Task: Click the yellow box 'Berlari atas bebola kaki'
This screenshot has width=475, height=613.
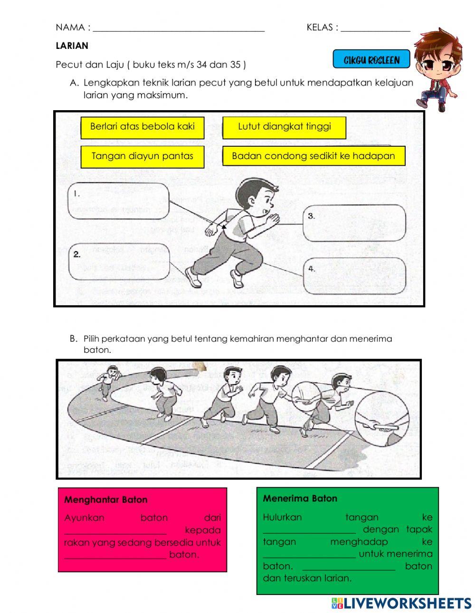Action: [x=142, y=127]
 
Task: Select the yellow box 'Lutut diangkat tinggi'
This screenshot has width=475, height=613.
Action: [x=284, y=127]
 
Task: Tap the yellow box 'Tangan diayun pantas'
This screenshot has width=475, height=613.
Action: [x=142, y=156]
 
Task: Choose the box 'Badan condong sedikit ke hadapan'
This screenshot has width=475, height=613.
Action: [x=313, y=156]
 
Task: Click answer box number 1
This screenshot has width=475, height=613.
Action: [x=119, y=201]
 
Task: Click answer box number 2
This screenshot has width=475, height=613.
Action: [x=119, y=262]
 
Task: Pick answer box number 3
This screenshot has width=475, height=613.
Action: [x=354, y=223]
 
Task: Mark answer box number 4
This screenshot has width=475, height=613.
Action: [x=354, y=276]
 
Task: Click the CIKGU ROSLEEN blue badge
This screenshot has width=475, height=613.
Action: [x=371, y=60]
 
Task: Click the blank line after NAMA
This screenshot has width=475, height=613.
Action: [x=179, y=28]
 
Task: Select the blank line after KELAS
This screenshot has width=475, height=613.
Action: [x=375, y=28]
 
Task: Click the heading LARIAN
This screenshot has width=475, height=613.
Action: [x=72, y=46]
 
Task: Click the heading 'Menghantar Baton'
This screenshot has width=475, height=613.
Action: [x=105, y=500]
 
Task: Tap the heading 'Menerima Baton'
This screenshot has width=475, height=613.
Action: [x=300, y=499]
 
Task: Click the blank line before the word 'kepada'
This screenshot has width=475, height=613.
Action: [x=115, y=531]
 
